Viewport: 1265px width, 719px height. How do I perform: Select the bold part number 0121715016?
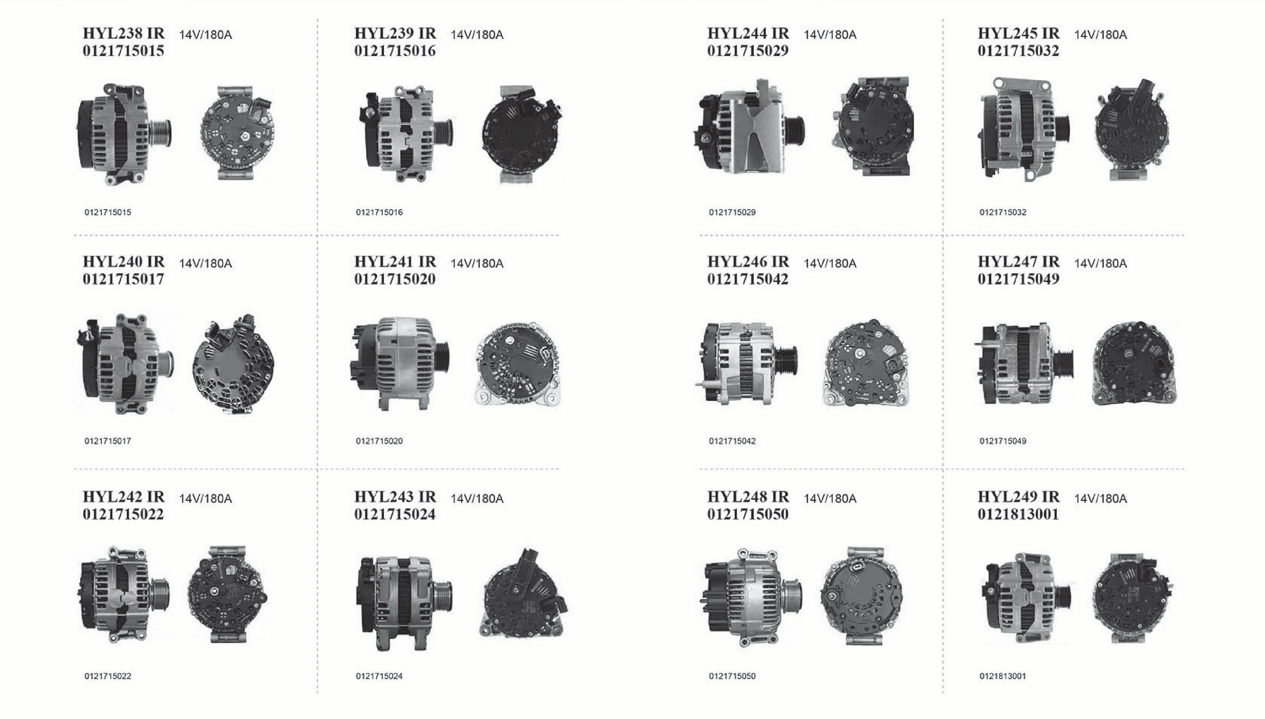tap(395, 51)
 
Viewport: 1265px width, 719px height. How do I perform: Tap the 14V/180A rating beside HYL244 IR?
tap(830, 34)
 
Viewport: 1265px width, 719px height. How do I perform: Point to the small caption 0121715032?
tap(1003, 212)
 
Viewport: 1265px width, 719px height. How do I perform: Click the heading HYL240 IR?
tap(124, 262)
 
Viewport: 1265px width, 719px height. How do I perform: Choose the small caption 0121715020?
tap(379, 441)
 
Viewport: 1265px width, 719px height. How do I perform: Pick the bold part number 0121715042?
tap(748, 279)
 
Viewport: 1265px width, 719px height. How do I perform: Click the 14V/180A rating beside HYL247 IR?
tap(1100, 263)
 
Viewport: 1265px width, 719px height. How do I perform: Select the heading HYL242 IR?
tap(124, 497)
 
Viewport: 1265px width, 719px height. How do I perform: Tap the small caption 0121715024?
tap(379, 676)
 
